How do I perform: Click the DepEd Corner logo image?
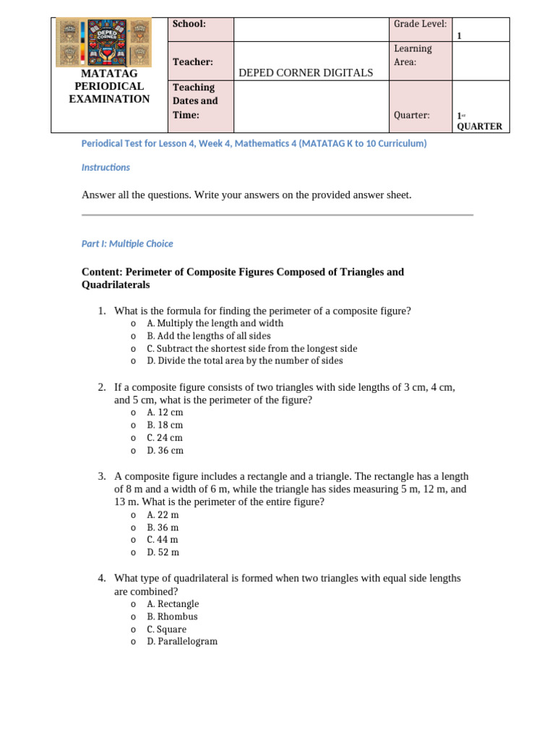pyautogui.click(x=103, y=43)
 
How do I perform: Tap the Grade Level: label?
pyautogui.click(x=420, y=24)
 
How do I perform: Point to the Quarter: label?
pyautogui.click(x=411, y=115)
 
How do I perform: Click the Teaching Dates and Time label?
pyautogui.click(x=194, y=101)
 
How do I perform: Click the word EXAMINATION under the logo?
pyautogui.click(x=109, y=99)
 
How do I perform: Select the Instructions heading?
pyautogui.click(x=106, y=167)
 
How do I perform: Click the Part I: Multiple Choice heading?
pyautogui.click(x=127, y=244)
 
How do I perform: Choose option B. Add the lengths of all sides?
pyautogui.click(x=208, y=336)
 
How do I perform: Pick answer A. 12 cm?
pyautogui.click(x=165, y=412)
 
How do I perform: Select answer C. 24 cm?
pyautogui.click(x=165, y=438)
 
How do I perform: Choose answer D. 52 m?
pyautogui.click(x=163, y=552)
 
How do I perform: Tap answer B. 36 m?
pyautogui.click(x=163, y=528)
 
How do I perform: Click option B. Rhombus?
pyautogui.click(x=172, y=617)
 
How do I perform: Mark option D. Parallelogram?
pyautogui.click(x=182, y=642)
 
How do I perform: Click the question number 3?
pyautogui.click(x=102, y=476)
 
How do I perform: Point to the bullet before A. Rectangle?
pyautogui.click(x=134, y=605)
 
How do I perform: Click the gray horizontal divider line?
pyautogui.click(x=277, y=215)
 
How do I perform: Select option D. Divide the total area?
pyautogui.click(x=244, y=360)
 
